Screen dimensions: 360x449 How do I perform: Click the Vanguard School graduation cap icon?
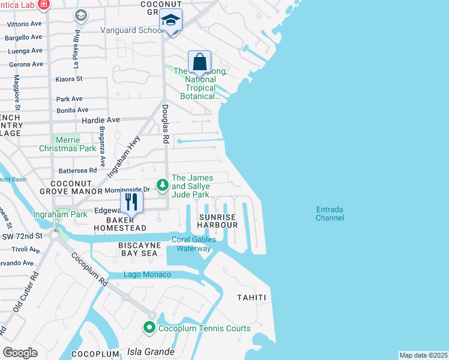point(171,20)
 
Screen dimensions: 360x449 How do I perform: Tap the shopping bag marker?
point(199,62)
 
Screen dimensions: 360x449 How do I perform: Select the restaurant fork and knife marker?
point(132,202)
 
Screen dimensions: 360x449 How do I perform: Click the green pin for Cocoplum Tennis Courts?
point(149,328)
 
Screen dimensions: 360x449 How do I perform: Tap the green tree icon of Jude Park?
point(161,184)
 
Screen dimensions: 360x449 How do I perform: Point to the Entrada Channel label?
point(330,214)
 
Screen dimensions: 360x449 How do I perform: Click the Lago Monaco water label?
point(147,275)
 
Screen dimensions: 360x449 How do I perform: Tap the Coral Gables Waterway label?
point(194,244)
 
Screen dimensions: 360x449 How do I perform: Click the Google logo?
point(20,353)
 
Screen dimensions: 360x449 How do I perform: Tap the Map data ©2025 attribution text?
point(423,355)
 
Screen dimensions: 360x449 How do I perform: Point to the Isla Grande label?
point(150,352)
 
